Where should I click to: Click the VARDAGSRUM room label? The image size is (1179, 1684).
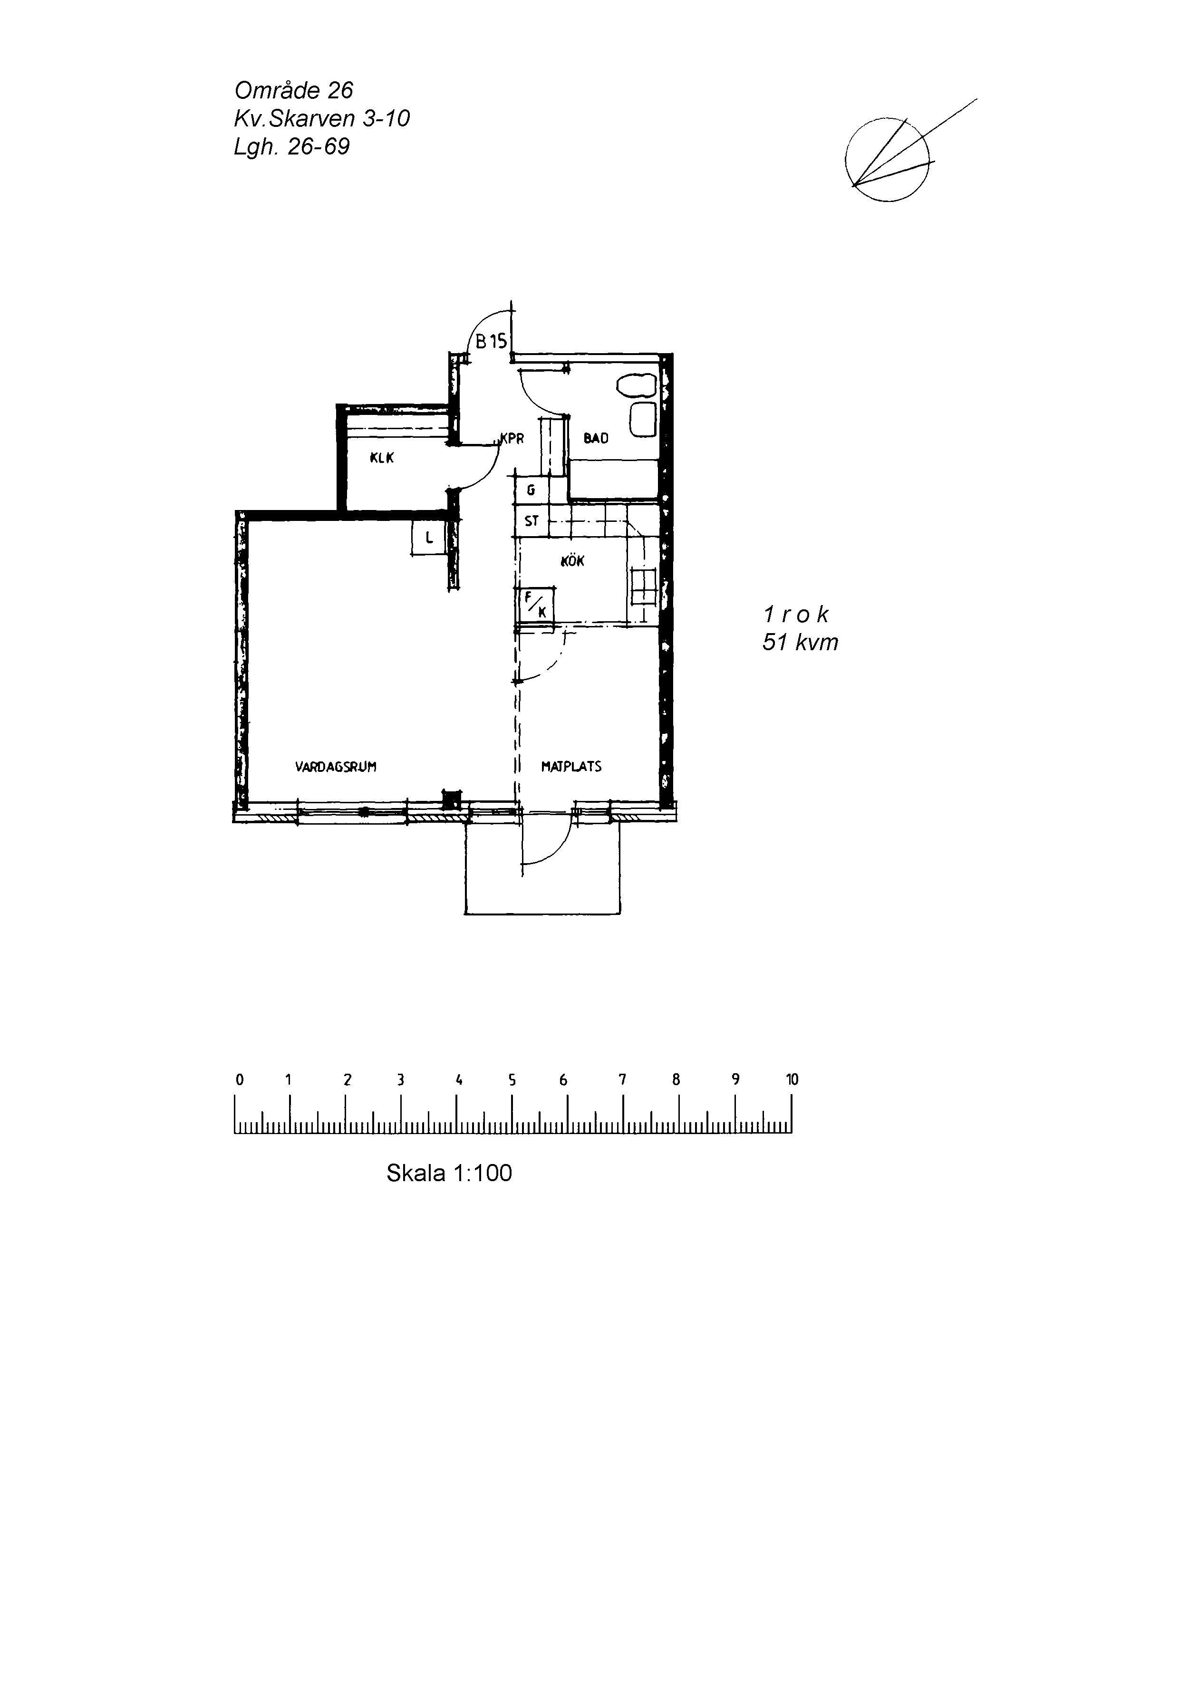click(335, 767)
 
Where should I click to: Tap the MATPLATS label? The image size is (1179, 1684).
click(571, 767)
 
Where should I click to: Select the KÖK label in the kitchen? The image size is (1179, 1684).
click(572, 561)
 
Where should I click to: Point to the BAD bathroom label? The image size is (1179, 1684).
click(596, 439)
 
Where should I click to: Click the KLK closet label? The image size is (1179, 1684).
click(382, 458)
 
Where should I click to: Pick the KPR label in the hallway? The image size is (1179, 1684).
click(512, 439)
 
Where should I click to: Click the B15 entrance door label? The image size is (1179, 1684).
click(492, 341)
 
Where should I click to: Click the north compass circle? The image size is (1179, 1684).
click(887, 160)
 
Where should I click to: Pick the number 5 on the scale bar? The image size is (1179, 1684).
click(512, 1079)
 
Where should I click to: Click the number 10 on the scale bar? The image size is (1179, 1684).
click(792, 1079)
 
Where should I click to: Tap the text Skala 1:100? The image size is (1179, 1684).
click(449, 1173)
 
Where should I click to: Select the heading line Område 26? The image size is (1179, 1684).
click(293, 90)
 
